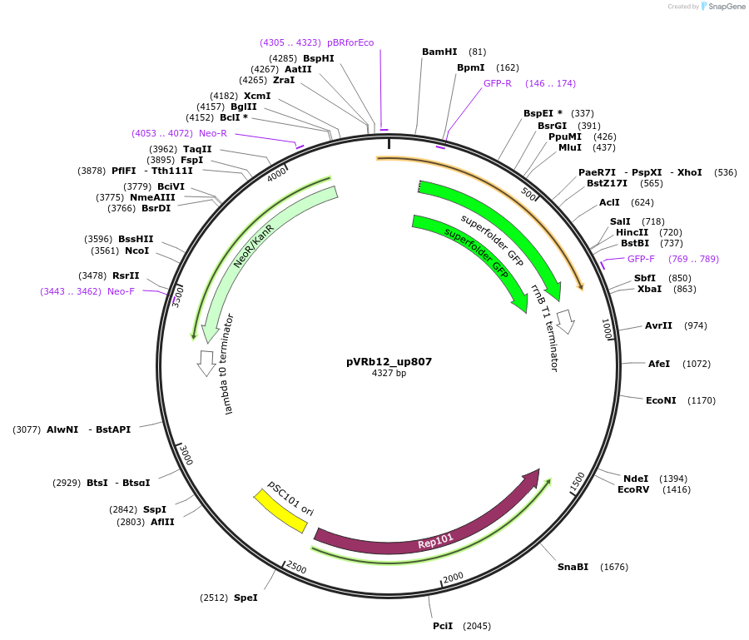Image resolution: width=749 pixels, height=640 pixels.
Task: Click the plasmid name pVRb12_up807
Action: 389,362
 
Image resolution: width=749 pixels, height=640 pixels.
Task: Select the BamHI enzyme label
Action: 439,52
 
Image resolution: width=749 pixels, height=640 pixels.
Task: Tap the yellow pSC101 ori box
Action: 280,510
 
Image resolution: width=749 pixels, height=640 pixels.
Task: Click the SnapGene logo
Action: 722,7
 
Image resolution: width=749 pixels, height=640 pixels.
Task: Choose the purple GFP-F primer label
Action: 641,259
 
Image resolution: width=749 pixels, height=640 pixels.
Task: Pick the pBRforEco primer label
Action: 350,42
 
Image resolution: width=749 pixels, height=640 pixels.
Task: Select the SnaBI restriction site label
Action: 573,567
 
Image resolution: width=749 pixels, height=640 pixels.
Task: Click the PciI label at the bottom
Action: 443,626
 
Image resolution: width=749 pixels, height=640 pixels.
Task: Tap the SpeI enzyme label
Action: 246,598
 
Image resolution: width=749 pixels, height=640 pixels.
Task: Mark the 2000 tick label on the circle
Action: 454,578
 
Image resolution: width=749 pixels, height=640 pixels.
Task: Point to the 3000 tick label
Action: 186,456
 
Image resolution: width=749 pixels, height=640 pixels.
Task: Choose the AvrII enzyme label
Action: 658,325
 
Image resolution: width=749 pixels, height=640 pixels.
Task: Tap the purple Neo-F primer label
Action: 121,291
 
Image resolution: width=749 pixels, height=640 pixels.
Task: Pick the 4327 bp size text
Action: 389,374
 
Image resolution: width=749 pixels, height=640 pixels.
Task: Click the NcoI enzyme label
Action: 136,251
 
